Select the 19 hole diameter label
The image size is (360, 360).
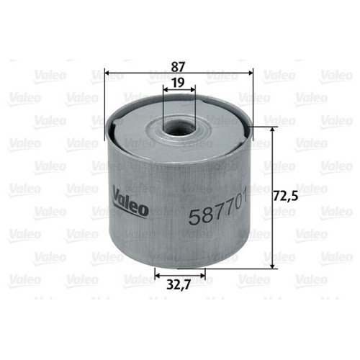pos(179,83)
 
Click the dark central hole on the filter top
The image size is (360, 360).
pos(179,130)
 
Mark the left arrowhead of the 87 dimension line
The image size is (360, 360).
pos(107,72)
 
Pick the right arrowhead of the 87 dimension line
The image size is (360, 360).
pos(251,72)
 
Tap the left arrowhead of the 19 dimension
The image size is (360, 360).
pos(166,91)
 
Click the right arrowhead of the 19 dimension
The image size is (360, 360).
pos(192,91)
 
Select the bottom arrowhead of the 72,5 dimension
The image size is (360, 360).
pos(272,266)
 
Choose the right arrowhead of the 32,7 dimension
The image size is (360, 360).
pos(204,274)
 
